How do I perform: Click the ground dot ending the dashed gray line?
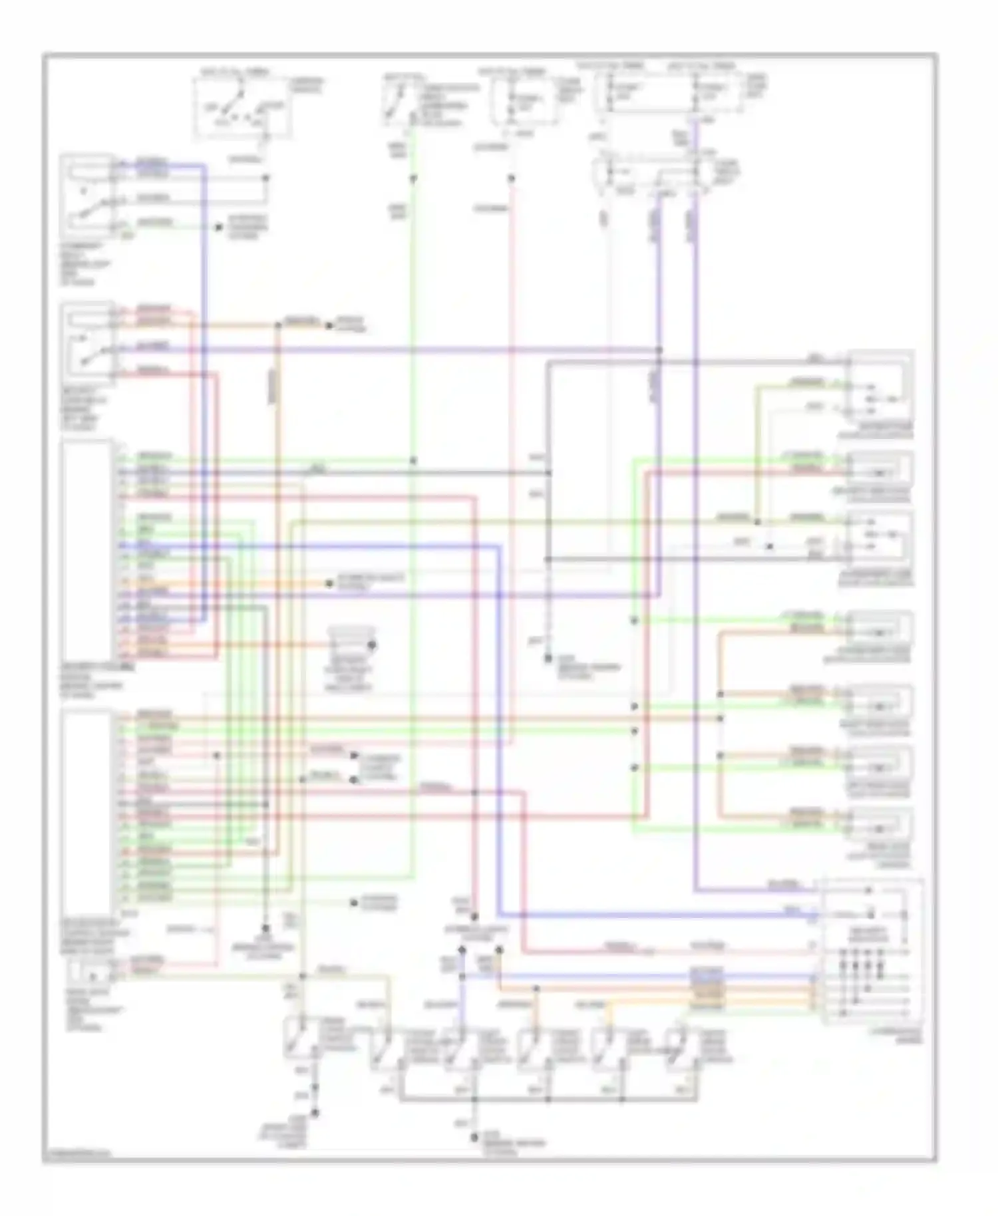click(548, 659)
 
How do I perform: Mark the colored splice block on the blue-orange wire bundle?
click(707, 988)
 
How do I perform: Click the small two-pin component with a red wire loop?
click(90, 975)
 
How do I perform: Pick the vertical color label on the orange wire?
click(273, 386)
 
